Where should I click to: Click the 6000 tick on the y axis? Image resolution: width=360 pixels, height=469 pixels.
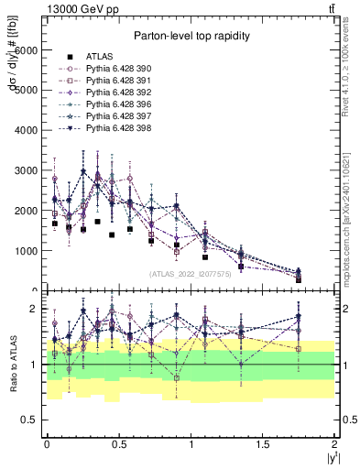tap(30, 50)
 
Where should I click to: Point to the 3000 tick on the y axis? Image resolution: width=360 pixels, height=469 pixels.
tap(30, 170)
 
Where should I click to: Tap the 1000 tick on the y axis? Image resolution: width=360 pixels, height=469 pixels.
tap(30, 250)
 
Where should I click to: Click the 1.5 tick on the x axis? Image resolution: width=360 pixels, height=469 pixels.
tap(262, 443)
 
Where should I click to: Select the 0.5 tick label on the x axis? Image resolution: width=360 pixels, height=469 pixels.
tap(118, 443)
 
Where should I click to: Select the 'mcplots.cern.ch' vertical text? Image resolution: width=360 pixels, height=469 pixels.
tap(346, 229)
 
